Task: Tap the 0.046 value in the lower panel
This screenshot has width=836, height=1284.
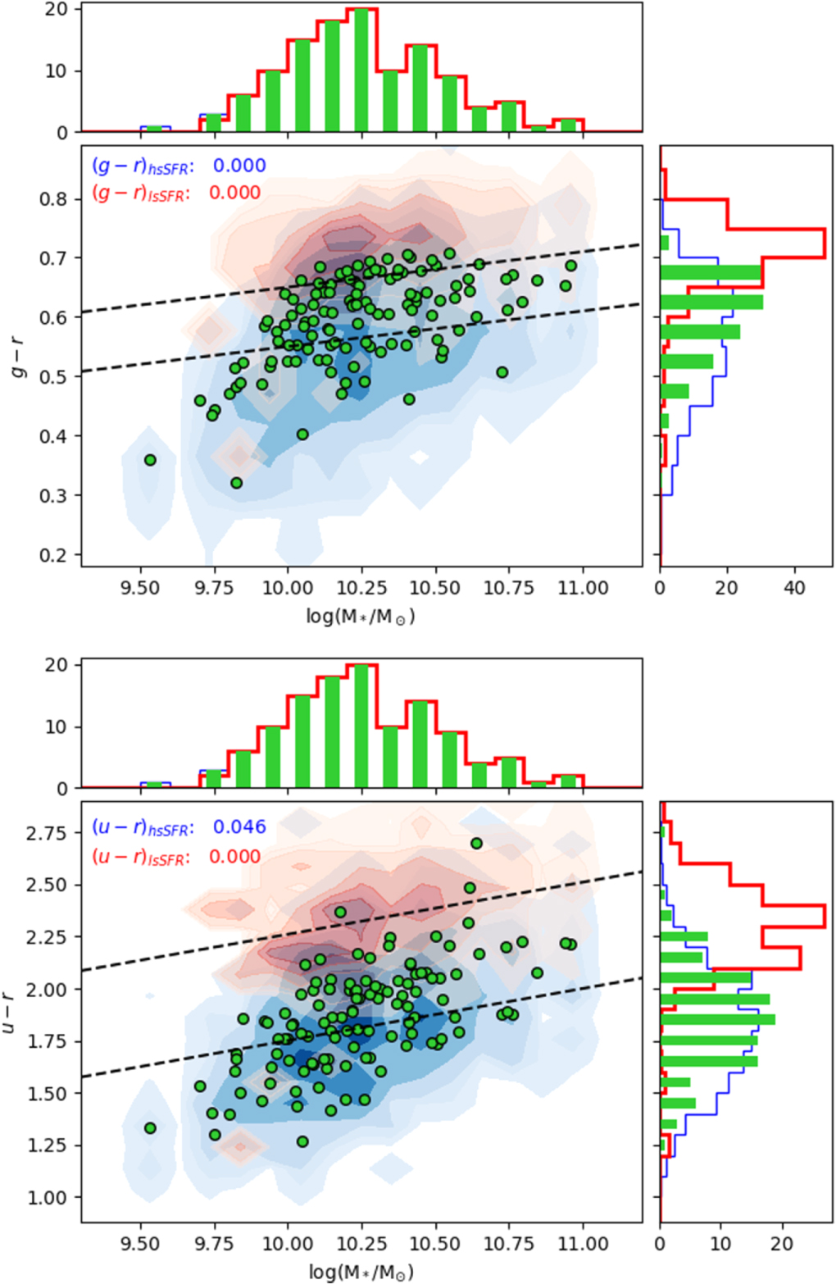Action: coord(239,826)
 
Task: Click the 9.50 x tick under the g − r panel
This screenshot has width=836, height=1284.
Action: coord(140,588)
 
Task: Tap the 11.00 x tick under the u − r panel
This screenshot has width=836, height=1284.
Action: coord(583,1244)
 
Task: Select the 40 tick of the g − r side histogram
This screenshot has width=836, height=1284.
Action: coord(794,588)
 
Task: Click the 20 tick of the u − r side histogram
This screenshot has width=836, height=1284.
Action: coord(782,1244)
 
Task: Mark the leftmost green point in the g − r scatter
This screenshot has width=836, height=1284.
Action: coord(150,460)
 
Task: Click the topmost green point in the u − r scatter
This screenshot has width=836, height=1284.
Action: coord(476,844)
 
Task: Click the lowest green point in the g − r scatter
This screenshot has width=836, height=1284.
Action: coord(237,483)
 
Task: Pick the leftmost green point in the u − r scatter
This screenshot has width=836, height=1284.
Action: coord(150,1128)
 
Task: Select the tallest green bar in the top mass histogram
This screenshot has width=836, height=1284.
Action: coord(361,72)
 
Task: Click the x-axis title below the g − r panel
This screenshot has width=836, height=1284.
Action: coord(361,616)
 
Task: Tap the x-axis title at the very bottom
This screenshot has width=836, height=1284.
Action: coord(361,1272)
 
